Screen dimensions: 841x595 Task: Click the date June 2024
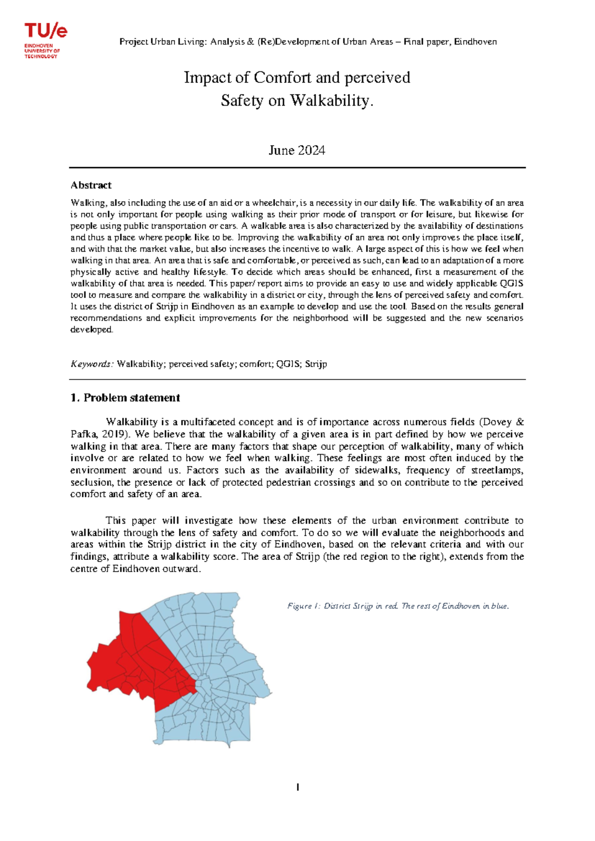coord(297,150)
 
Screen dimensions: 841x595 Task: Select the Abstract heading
coord(91,185)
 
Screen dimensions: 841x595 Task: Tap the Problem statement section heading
coord(125,398)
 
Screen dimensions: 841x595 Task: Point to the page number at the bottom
coord(297,787)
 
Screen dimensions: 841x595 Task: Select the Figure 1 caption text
coord(398,606)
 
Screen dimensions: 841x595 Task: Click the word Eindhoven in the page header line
coord(476,42)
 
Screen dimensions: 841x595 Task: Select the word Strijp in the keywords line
coord(316,364)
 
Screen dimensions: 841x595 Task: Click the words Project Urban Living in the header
coord(162,42)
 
